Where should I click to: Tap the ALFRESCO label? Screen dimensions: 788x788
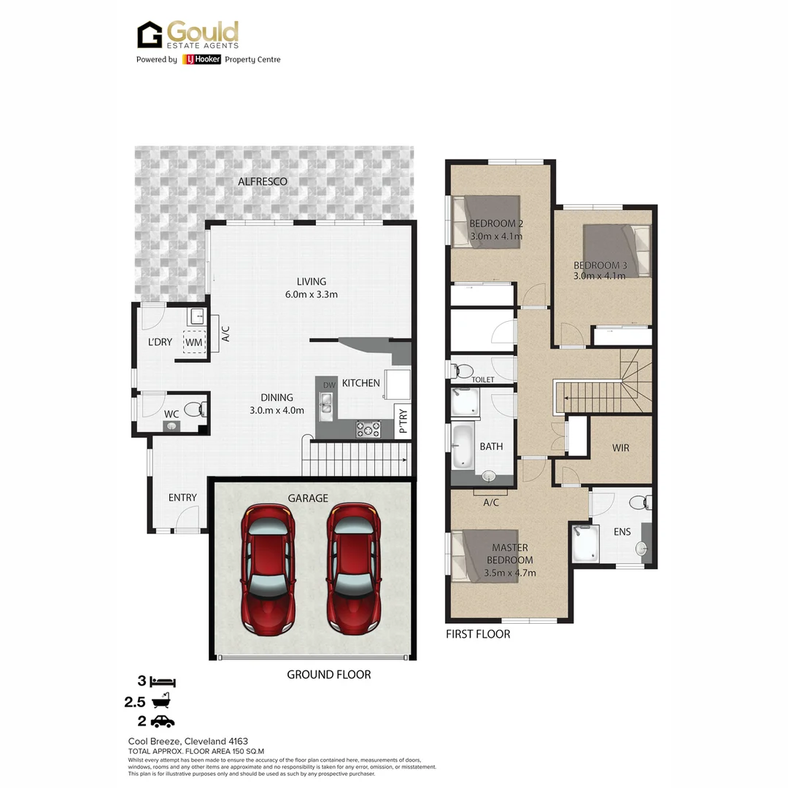point(263,180)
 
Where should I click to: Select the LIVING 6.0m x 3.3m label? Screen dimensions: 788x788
point(312,287)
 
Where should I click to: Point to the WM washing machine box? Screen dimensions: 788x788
point(194,341)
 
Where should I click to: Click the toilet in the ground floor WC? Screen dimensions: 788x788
point(193,410)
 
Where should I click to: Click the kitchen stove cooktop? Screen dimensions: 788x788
point(368,429)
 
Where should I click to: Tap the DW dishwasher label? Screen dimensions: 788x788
point(329,385)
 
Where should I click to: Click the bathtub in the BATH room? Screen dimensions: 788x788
point(463,447)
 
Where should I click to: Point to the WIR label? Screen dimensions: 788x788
point(620,448)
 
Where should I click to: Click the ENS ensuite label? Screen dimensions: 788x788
point(622,532)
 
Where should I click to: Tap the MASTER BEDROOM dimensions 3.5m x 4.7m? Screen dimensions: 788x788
point(511,573)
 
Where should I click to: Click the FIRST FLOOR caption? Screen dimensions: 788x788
point(478,634)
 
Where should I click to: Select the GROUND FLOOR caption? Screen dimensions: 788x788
point(328,675)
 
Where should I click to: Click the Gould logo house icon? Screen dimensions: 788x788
point(150,34)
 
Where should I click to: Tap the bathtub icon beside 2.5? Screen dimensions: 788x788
point(162,701)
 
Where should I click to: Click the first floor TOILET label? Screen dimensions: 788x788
point(483,379)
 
